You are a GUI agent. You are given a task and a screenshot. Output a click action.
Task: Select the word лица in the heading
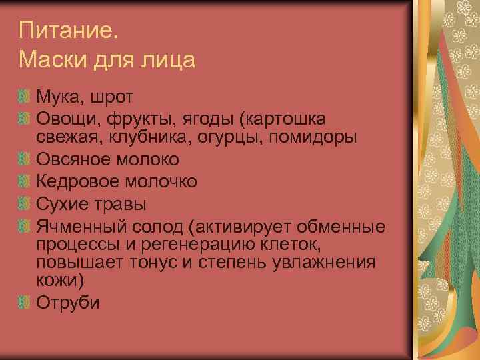tap(169, 61)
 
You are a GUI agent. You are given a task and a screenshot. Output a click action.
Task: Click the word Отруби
tap(68, 302)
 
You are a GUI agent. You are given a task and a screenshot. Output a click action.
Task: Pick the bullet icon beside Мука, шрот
tap(25, 97)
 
